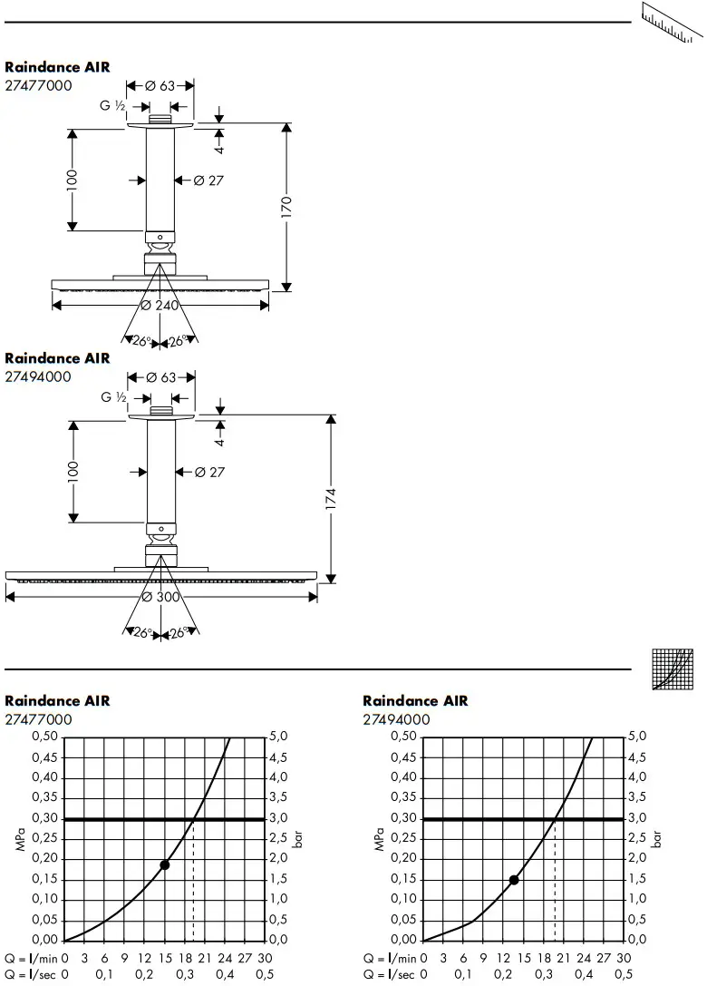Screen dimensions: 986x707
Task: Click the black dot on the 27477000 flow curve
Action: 164,864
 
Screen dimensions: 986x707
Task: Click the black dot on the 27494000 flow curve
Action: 514,880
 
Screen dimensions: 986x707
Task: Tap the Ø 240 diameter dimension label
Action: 160,306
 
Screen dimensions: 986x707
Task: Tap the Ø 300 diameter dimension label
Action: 160,597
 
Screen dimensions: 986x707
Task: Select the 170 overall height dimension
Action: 286,208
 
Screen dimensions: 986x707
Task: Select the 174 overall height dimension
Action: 331,498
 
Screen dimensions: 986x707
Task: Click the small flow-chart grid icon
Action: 673,669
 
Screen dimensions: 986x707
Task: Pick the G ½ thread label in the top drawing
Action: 112,106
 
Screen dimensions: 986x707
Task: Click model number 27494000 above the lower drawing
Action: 38,376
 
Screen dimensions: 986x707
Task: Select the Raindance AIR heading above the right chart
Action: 415,701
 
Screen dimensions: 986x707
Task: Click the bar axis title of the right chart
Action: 657,837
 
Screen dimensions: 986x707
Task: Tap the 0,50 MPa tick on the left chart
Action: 44,737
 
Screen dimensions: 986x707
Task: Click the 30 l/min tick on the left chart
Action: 265,958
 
